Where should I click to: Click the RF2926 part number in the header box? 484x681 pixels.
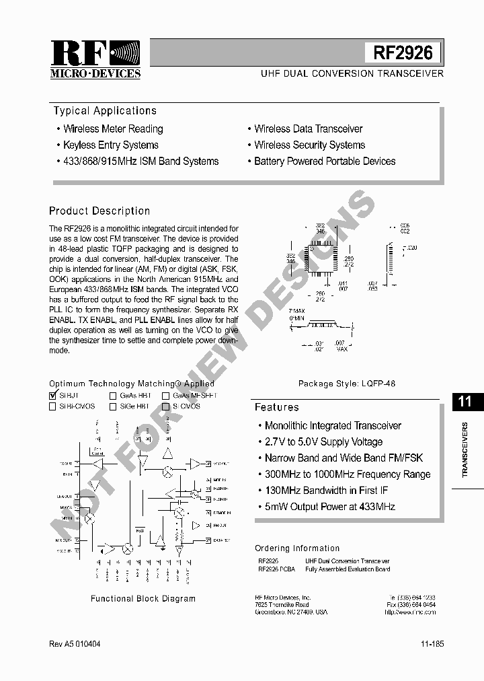tap(403, 52)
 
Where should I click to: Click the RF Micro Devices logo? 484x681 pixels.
tap(95, 59)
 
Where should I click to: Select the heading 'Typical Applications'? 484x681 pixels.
tap(105, 111)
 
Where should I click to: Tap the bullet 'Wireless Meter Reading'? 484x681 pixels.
tap(113, 129)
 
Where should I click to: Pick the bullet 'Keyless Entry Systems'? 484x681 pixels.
tap(111, 145)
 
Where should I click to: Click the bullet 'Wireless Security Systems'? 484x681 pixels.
tap(309, 145)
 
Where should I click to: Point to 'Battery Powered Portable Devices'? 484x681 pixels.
tap(325, 162)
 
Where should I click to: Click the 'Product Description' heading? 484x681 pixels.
tap(99, 211)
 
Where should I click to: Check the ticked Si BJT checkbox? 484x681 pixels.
tap(53, 396)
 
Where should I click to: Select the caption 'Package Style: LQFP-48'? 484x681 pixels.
tap(347, 384)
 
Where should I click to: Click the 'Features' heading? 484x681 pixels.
tap(276, 407)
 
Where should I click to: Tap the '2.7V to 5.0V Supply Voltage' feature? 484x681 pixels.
tap(323, 442)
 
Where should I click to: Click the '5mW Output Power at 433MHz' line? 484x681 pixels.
tap(329, 507)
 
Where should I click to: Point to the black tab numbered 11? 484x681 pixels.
tap(465, 402)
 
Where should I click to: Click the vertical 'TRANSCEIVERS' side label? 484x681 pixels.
tap(465, 450)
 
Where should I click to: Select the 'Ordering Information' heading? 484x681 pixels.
tap(297, 548)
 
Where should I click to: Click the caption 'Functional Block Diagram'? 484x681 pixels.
tap(143, 598)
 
